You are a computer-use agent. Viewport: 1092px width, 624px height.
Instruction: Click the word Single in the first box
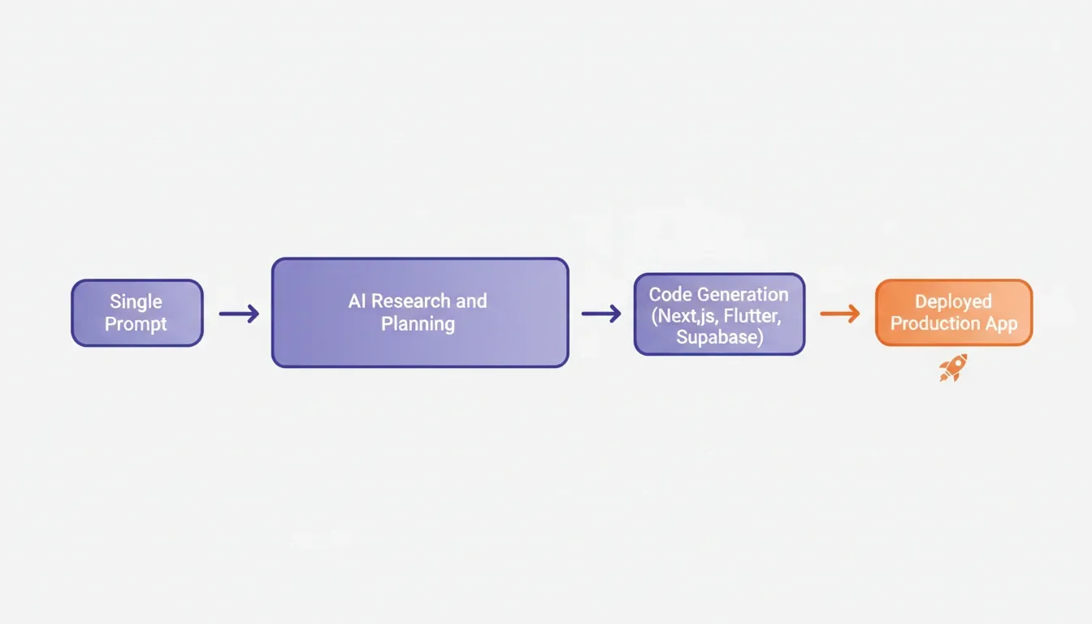tap(136, 302)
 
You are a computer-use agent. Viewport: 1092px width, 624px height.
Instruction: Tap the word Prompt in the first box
tap(136, 324)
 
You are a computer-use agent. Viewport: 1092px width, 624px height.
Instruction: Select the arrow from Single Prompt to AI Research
tap(239, 314)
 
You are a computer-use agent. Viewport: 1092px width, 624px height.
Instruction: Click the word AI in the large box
tap(357, 301)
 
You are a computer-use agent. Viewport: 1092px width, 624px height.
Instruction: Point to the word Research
tap(411, 301)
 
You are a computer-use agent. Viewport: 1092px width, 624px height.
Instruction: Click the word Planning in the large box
tap(418, 324)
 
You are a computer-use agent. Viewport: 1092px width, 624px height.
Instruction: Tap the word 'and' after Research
tap(471, 301)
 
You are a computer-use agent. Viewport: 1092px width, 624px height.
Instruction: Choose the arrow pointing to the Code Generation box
tap(601, 314)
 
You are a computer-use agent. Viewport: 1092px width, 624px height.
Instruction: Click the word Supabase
tap(717, 337)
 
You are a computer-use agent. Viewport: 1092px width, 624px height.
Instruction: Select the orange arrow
tap(840, 314)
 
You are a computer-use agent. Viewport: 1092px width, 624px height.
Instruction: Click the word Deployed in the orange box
tap(954, 302)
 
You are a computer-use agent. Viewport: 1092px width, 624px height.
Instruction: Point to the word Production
tap(935, 323)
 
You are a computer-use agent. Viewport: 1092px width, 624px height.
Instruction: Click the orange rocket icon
tap(953, 368)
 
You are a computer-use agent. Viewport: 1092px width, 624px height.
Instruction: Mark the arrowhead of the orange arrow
tap(853, 314)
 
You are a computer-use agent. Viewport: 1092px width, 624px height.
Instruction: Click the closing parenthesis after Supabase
tap(760, 337)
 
